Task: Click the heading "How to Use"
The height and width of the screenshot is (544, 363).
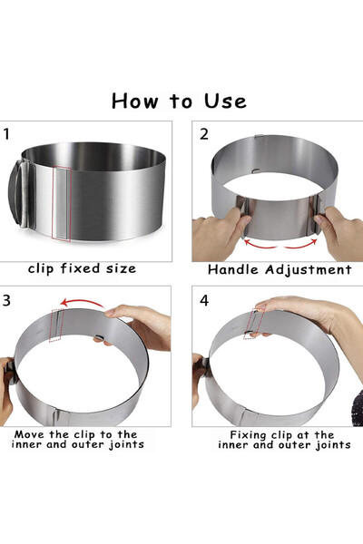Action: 179,100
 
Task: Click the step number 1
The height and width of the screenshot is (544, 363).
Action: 7,135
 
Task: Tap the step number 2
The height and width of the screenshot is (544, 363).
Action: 204,134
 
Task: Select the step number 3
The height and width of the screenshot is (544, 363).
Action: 7,300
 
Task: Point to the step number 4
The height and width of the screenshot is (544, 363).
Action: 204,300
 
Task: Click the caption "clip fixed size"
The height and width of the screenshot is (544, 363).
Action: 82,268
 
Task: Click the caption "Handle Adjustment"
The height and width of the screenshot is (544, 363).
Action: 278,269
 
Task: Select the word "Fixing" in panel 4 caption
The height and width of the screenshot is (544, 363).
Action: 240,434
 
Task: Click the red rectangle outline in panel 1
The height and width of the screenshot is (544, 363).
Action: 62,203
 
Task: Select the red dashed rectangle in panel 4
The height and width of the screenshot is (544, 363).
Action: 256,321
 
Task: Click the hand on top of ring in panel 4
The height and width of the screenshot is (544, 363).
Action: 309,313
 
